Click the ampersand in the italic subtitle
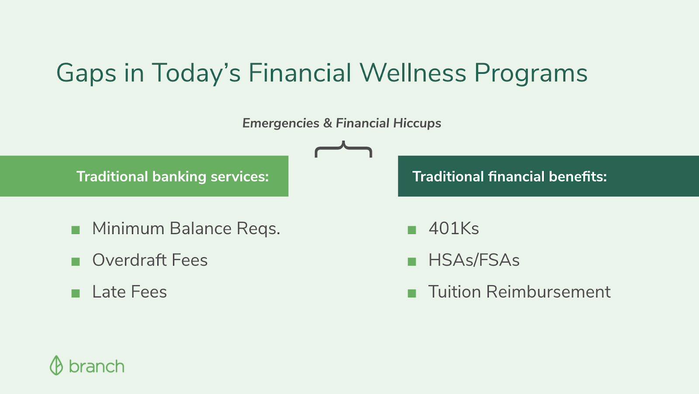(328, 123)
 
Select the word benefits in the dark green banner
(578, 176)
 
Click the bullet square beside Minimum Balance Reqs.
(76, 230)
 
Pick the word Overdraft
(129, 260)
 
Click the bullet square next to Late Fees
(76, 294)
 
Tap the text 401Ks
(454, 228)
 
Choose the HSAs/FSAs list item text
(474, 260)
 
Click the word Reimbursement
(548, 292)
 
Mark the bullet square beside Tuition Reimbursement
(412, 294)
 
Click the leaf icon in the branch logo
(56, 365)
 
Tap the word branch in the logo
(97, 366)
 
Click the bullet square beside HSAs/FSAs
(412, 262)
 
